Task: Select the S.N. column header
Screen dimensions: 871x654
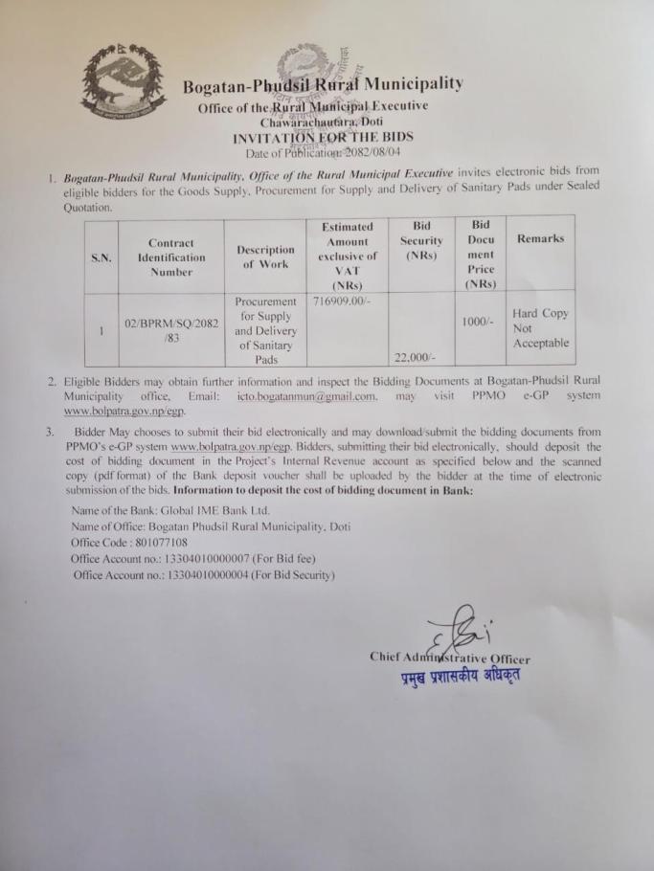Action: tap(101, 257)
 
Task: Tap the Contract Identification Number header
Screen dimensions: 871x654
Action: tap(170, 257)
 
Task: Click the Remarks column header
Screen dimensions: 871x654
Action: tap(540, 238)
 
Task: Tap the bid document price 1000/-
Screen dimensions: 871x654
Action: tap(477, 323)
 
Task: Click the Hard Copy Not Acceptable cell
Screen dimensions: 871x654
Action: tap(540, 327)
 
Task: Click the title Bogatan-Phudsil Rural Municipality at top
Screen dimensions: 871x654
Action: tap(323, 85)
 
